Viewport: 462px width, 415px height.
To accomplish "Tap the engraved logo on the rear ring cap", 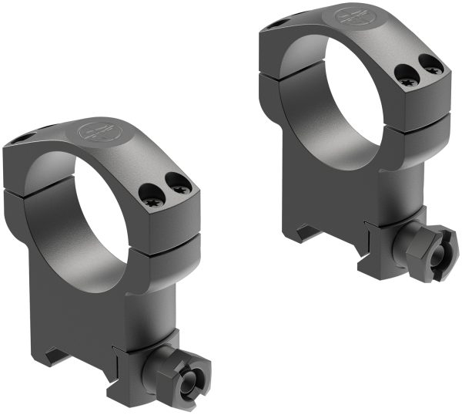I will pyautogui.click(x=357, y=15).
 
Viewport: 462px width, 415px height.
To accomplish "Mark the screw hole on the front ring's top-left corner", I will pyautogui.click(x=23, y=139).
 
